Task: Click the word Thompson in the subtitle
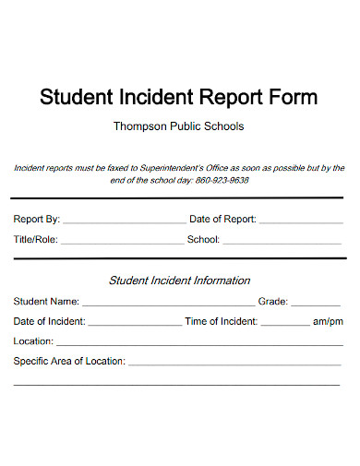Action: click(x=139, y=125)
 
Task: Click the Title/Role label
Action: click(x=36, y=240)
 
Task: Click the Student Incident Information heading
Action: click(x=179, y=281)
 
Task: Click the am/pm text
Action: click(x=328, y=321)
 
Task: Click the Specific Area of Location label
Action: click(x=69, y=362)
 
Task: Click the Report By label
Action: click(x=37, y=220)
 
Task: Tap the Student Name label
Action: click(x=46, y=301)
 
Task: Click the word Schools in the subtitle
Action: click(x=223, y=125)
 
